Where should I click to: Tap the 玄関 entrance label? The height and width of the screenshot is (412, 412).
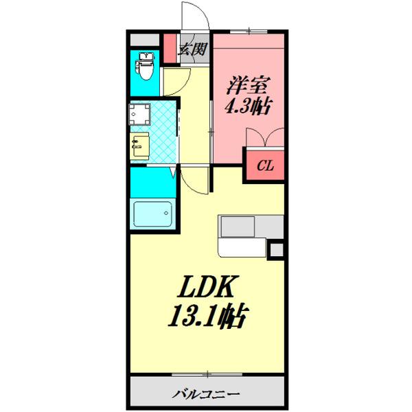click(192, 49)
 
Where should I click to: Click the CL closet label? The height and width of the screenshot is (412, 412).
click(264, 165)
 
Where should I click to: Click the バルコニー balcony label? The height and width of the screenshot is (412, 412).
click(206, 394)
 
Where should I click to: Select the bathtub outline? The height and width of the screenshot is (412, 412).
click(152, 216)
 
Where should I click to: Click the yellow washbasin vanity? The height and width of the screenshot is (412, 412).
click(140, 146)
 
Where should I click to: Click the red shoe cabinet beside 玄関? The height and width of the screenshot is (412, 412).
click(169, 49)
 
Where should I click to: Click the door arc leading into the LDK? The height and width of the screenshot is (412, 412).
click(196, 180)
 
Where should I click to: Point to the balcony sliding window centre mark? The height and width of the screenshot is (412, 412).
click(206, 376)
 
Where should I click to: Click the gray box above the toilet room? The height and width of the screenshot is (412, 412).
click(144, 39)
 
